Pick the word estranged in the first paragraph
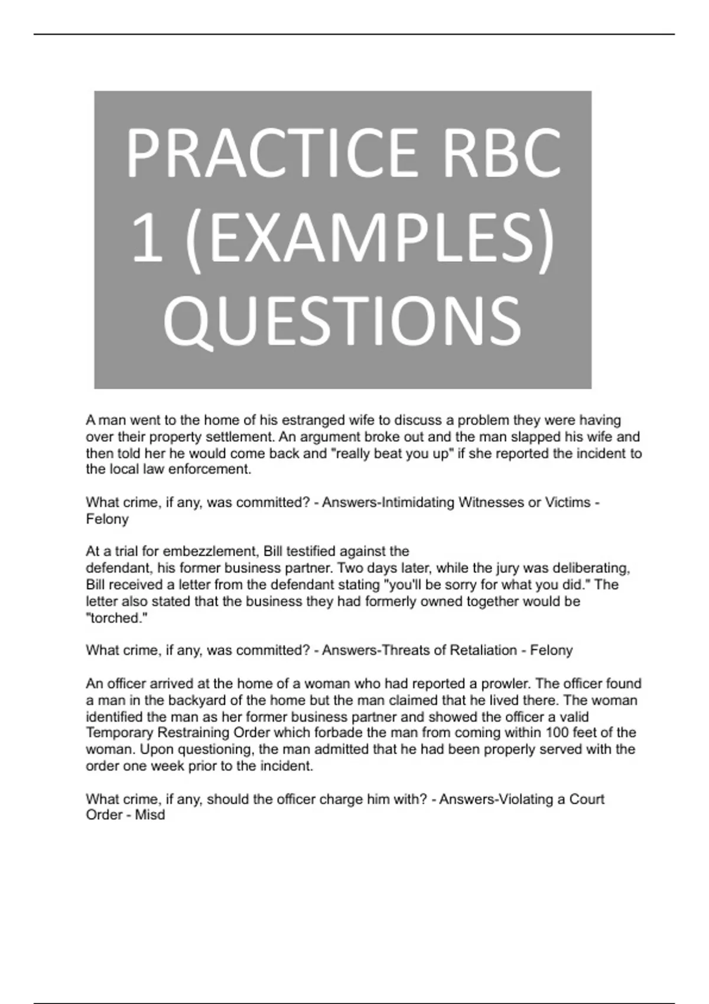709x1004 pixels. (x=311, y=420)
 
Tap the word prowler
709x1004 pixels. (x=506, y=684)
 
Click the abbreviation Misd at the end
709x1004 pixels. (x=150, y=815)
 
